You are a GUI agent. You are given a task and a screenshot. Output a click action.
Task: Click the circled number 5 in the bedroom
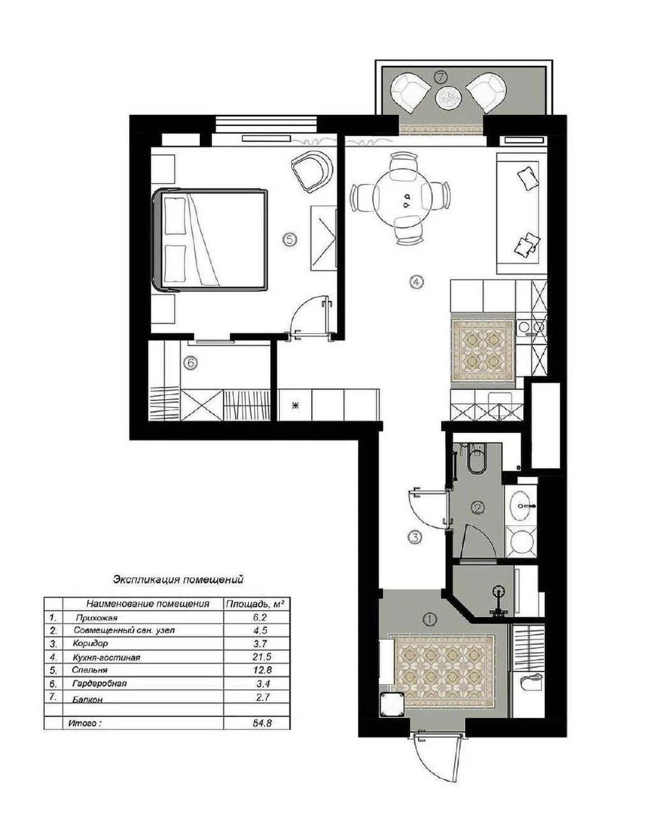[x=289, y=239]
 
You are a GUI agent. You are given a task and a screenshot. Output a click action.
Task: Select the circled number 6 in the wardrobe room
[x=190, y=363]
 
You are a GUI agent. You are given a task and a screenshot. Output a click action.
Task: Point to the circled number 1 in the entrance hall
[x=430, y=620]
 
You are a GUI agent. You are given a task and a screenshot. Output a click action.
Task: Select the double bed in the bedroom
[x=210, y=240]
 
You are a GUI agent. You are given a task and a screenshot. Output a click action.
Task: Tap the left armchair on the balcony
[x=411, y=93]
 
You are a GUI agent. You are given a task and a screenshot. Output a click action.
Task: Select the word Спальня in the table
[x=89, y=670]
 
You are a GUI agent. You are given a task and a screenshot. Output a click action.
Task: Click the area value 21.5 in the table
[x=262, y=657]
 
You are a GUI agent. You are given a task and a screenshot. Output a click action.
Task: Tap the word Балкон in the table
[x=88, y=700]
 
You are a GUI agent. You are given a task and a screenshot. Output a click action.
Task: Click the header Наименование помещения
[x=148, y=604]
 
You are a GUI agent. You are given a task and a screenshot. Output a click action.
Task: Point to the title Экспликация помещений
[x=178, y=580]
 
